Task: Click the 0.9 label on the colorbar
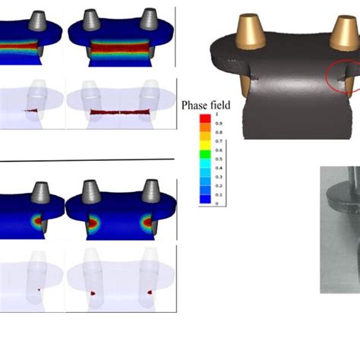coord(219,124)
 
